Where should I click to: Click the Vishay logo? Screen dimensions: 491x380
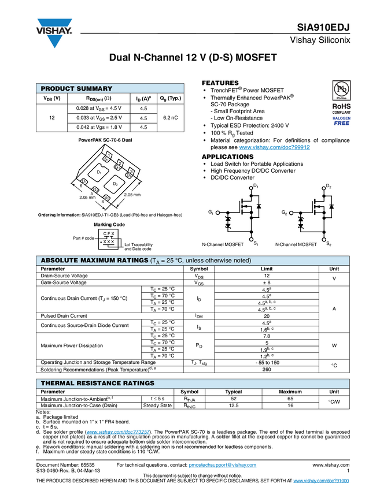click(x=55, y=32)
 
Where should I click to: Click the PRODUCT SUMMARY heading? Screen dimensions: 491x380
click(x=76, y=89)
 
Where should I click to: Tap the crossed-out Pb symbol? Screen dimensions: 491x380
click(x=341, y=90)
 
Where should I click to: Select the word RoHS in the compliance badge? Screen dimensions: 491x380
click(x=341, y=107)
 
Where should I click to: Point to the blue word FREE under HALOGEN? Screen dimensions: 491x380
click(x=341, y=123)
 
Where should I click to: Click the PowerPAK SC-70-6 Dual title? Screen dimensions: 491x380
click(x=105, y=140)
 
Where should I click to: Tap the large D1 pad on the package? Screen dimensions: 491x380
click(x=99, y=172)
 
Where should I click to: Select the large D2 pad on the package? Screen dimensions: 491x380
click(x=115, y=184)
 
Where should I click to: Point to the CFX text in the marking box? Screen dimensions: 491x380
click(x=109, y=233)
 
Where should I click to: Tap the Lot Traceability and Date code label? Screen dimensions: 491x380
click(x=138, y=247)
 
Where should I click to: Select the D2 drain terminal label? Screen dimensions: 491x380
click(x=329, y=186)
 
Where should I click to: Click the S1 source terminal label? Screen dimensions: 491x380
click(x=255, y=244)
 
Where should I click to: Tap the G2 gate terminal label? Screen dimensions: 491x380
click(x=284, y=213)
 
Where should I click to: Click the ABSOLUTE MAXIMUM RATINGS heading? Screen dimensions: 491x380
click(x=94, y=261)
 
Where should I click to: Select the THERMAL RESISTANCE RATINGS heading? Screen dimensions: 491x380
click(x=97, y=384)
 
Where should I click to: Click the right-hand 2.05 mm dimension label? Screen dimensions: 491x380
click(x=132, y=195)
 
